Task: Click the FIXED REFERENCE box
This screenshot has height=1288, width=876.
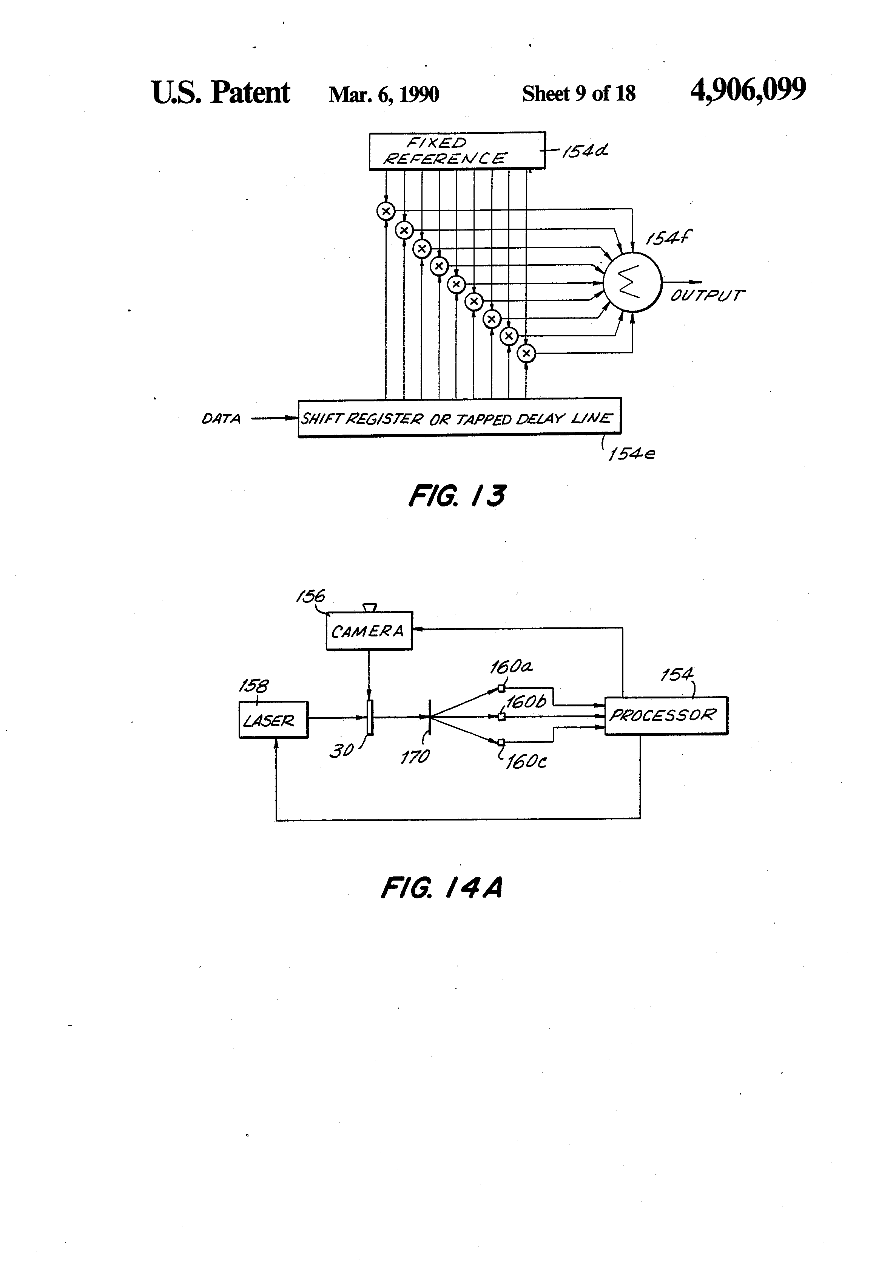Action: [x=457, y=151]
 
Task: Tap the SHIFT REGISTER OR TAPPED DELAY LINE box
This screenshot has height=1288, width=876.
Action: [x=459, y=418]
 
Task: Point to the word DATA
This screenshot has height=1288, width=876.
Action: [x=221, y=419]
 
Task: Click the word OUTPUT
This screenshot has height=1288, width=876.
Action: [x=706, y=296]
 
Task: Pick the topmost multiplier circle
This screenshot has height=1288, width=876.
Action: [x=386, y=211]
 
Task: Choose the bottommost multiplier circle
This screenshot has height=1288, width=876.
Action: [x=526, y=353]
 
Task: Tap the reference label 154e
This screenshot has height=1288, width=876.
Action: [x=631, y=454]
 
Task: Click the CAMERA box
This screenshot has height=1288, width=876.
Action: [x=369, y=631]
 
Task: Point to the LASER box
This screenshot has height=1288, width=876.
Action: [x=273, y=720]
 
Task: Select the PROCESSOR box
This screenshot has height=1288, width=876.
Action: [x=666, y=715]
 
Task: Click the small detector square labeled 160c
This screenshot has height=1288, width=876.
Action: [x=501, y=742]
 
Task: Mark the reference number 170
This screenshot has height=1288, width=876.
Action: [x=415, y=757]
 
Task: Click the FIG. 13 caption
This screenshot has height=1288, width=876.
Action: [x=457, y=496]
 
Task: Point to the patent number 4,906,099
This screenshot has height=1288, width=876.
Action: [x=748, y=90]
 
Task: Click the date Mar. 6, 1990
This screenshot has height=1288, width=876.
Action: [x=384, y=94]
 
